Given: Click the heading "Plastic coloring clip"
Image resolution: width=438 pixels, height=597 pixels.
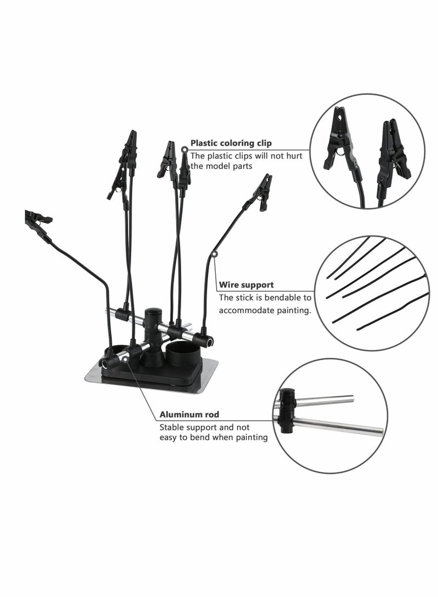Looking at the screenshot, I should (x=230, y=143).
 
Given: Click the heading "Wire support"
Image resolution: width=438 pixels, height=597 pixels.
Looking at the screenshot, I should (x=246, y=285).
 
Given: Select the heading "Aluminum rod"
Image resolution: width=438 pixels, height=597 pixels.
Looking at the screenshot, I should (x=189, y=415).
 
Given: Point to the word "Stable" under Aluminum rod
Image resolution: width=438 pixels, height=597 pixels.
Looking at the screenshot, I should (x=172, y=427).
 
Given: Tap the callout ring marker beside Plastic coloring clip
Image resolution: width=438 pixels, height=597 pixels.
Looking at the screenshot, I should (x=185, y=148).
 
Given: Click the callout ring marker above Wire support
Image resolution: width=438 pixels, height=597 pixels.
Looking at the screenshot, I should (x=215, y=254).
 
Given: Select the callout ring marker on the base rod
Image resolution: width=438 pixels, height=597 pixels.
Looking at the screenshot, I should (x=125, y=359).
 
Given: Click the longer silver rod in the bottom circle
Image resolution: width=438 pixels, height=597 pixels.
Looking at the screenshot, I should (x=339, y=425).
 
